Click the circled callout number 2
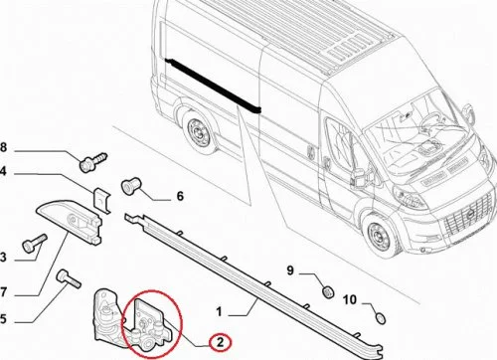point(220,342)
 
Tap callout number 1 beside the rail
point(219,312)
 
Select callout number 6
point(180,196)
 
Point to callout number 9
point(290,270)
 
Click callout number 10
point(350,299)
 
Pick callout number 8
point(3,147)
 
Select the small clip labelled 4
point(101,200)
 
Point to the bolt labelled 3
point(35,243)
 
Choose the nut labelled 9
point(328,292)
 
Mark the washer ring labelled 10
point(382,318)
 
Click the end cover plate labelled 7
point(71,221)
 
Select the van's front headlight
point(410,197)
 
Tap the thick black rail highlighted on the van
point(214,86)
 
